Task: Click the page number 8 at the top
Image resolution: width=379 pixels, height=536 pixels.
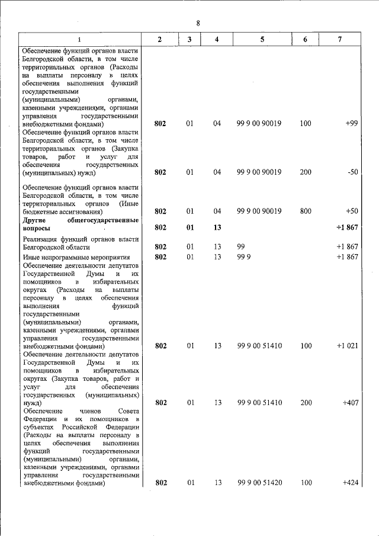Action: tap(198, 23)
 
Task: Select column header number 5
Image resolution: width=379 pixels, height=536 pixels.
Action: tap(261, 39)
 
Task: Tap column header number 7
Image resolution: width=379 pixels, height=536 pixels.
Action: tap(339, 39)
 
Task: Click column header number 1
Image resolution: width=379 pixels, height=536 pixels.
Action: tap(79, 39)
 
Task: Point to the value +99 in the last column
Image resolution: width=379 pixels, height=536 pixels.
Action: tap(352, 124)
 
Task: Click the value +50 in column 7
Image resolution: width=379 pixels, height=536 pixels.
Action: tap(352, 211)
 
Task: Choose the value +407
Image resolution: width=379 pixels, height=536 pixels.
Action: tap(351, 403)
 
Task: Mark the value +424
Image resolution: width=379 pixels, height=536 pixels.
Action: tap(351, 483)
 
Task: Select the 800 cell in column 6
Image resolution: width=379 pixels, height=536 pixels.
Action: tap(306, 211)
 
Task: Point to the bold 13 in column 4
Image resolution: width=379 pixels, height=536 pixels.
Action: tap(217, 227)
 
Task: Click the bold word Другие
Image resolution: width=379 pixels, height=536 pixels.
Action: tap(36, 220)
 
